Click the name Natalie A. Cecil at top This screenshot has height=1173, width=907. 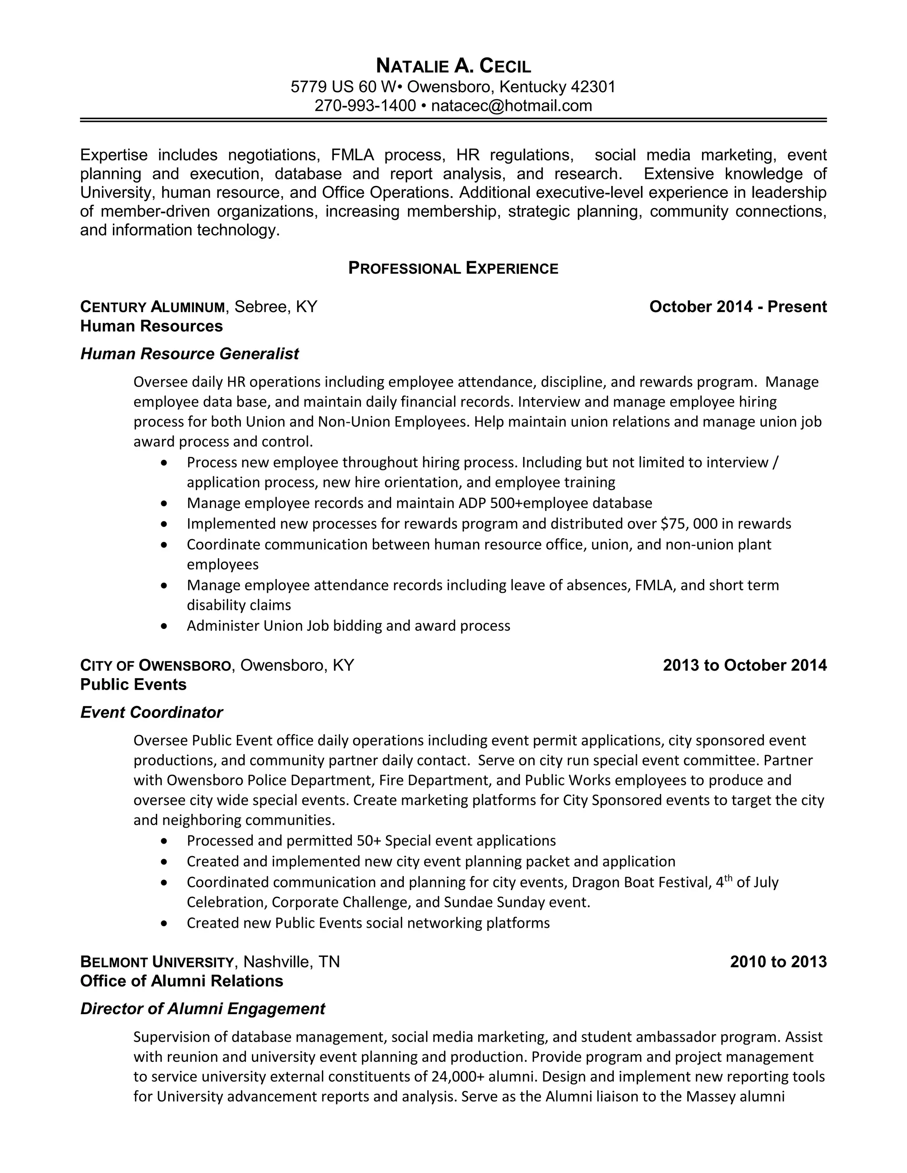click(453, 66)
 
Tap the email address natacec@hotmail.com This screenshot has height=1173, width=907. click(511, 106)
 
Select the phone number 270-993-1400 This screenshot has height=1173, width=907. click(365, 106)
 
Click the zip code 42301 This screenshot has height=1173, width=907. click(593, 86)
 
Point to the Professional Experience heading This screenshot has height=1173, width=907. click(453, 268)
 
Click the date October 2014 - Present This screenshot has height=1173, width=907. click(737, 307)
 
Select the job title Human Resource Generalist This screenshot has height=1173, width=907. click(189, 354)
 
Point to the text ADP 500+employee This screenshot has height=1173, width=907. click(523, 503)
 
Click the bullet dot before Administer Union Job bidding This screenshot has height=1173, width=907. click(164, 626)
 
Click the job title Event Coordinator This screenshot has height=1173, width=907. click(151, 713)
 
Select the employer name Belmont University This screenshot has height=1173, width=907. click(157, 962)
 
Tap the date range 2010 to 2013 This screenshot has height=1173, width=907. click(778, 961)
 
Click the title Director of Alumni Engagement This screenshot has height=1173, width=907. click(202, 1009)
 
